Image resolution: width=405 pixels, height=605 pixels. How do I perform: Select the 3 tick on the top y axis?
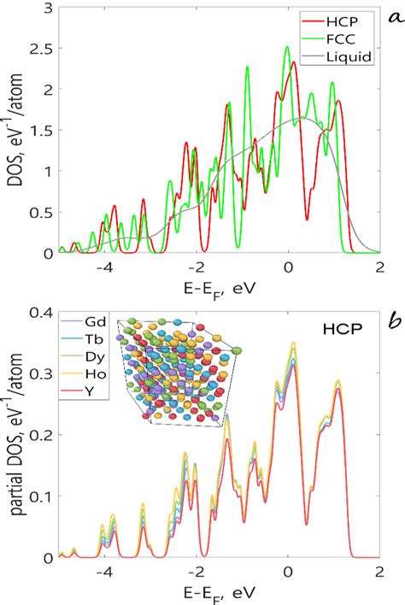(x=44, y=8)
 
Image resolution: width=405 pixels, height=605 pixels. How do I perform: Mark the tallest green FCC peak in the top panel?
(x=287, y=48)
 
